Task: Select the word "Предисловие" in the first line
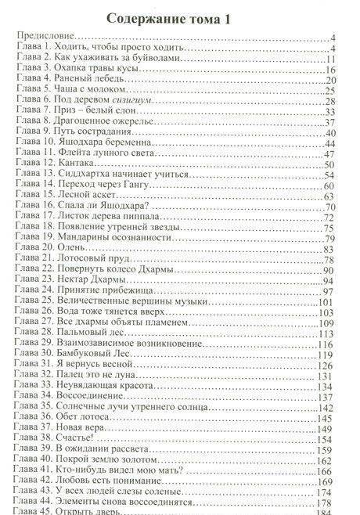48,37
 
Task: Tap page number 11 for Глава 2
329,59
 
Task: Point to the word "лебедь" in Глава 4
121,80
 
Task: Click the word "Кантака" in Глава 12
82,164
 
